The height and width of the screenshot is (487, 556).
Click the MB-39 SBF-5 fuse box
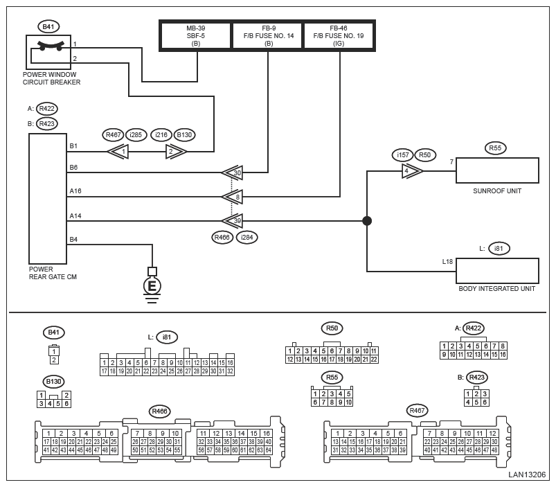point(196,35)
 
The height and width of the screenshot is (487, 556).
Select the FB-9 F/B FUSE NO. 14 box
point(268,35)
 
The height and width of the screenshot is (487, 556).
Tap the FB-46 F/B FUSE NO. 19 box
point(339,35)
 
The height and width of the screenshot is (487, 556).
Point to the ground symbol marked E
point(152,285)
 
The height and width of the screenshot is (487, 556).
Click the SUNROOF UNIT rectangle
point(497,170)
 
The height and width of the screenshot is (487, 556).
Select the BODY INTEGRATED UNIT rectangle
point(497,270)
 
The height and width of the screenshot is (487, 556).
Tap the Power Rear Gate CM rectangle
point(47,198)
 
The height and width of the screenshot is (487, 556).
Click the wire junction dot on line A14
point(367,221)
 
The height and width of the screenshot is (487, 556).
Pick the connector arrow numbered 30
point(232,172)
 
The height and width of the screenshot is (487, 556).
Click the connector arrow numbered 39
point(232,221)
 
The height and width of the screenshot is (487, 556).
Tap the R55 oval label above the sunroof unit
point(494,148)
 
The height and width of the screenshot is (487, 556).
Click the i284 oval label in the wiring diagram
point(246,237)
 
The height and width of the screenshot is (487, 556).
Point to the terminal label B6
point(73,168)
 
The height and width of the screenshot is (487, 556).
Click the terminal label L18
point(447,262)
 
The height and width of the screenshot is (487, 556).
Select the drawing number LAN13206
point(527,475)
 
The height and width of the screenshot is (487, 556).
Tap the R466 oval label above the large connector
point(160,411)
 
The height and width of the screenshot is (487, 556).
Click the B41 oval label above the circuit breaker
point(48,27)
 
